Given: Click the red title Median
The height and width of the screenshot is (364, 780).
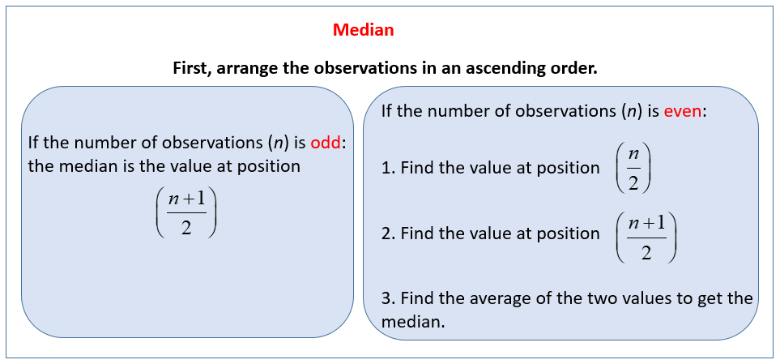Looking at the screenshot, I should pyautogui.click(x=364, y=30).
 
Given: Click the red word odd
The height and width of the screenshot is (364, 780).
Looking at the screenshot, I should pyautogui.click(x=326, y=143).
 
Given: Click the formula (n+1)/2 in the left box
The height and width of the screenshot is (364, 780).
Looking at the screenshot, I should pyautogui.click(x=186, y=213).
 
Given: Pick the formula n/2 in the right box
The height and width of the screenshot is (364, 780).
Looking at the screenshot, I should pyautogui.click(x=633, y=169).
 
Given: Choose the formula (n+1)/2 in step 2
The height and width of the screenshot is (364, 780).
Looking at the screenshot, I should pyautogui.click(x=646, y=236).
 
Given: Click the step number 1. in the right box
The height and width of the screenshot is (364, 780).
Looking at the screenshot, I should pyautogui.click(x=387, y=168).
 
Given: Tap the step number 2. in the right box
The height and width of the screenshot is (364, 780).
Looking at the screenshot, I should pyautogui.click(x=387, y=233).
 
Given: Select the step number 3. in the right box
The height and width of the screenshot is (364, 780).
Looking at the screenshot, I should pyautogui.click(x=387, y=298).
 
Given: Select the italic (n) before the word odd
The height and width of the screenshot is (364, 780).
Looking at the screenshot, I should pyautogui.click(x=278, y=143).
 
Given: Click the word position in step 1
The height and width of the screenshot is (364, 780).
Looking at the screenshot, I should pyautogui.click(x=567, y=168).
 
